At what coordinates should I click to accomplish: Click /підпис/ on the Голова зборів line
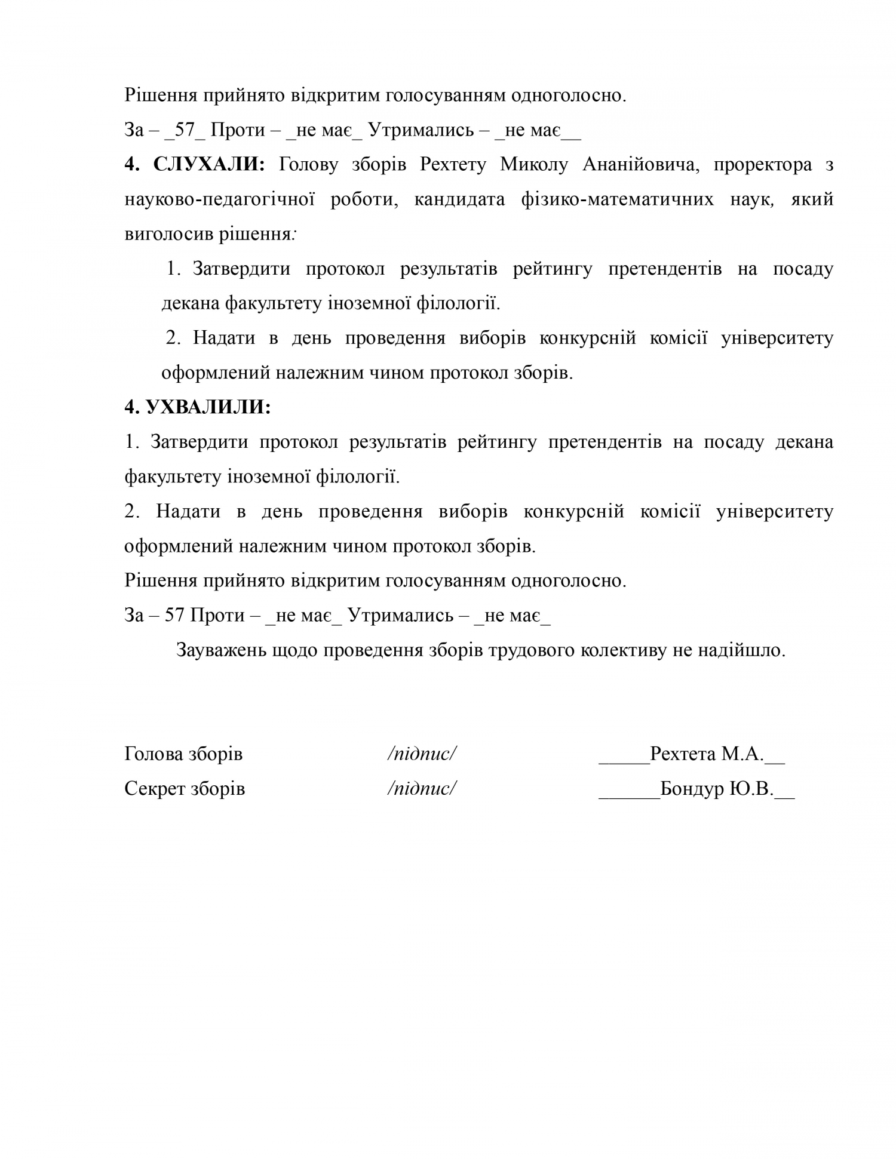[x=422, y=754]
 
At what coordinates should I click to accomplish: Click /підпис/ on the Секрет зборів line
[x=422, y=789]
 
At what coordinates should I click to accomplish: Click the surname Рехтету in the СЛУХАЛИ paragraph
[x=453, y=164]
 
